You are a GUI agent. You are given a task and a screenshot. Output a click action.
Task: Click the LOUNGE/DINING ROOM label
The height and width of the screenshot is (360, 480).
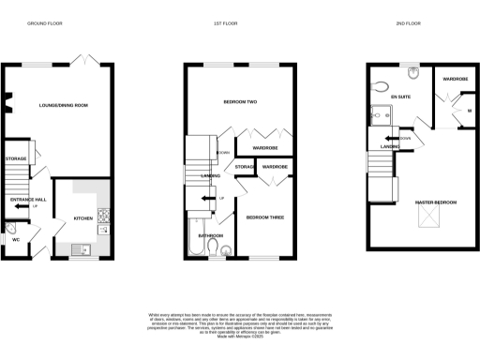(62, 105)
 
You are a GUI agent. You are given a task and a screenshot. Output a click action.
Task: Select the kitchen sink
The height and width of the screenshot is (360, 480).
(82, 248)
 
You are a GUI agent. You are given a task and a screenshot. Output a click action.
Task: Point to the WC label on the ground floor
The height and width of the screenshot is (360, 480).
(16, 239)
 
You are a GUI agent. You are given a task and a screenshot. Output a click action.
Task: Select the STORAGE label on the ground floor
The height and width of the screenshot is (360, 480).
(16, 158)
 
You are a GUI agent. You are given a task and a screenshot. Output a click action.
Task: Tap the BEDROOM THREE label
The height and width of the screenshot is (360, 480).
(263, 217)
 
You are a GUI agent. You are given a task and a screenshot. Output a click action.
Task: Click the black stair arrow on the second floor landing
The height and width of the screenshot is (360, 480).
(387, 138)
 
